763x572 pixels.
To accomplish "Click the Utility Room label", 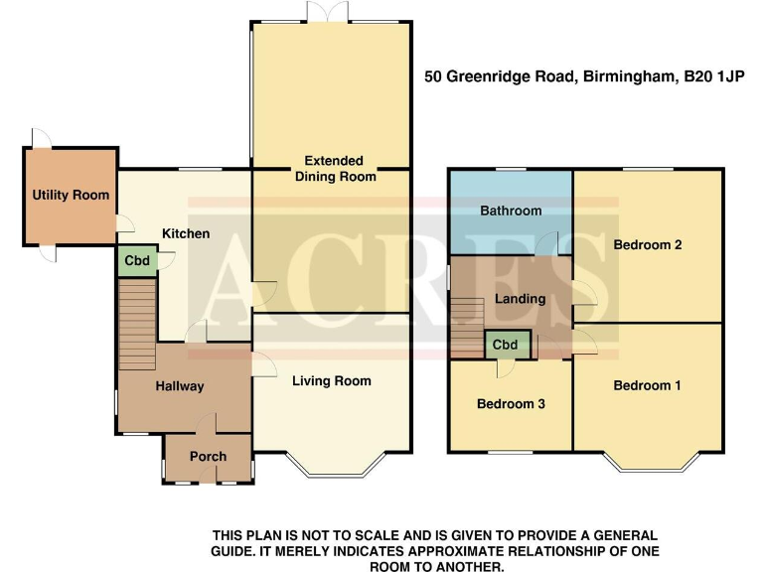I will (x=71, y=195).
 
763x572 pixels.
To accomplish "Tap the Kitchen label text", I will (x=186, y=233).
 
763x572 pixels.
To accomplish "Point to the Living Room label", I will (x=332, y=380).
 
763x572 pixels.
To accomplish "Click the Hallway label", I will (x=179, y=386).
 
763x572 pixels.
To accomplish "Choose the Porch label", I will (x=208, y=456).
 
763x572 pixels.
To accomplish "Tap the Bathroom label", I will (x=511, y=211).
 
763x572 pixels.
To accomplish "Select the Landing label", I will (x=520, y=299).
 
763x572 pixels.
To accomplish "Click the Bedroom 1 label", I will (x=647, y=385).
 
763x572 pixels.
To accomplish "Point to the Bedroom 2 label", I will (x=647, y=244).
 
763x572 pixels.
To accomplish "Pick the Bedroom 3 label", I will (x=511, y=404).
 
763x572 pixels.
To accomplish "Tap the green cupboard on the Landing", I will (x=506, y=345).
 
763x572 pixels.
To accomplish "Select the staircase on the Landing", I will (x=467, y=328).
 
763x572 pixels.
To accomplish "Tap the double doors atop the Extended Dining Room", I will (x=331, y=12).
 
